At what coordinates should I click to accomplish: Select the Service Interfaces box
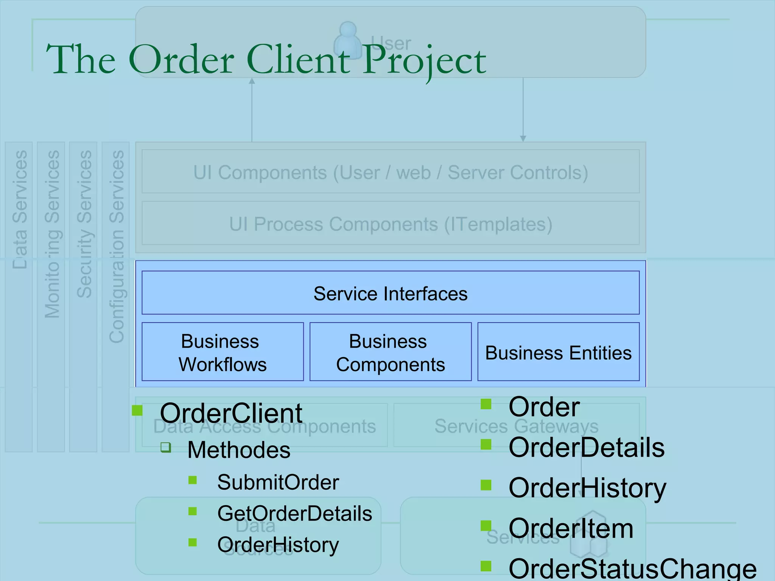click(x=390, y=293)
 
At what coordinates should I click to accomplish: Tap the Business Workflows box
click(x=223, y=352)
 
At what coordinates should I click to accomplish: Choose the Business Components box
click(x=390, y=352)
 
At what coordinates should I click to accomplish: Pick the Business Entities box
click(x=558, y=352)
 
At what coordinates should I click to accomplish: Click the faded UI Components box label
click(x=390, y=172)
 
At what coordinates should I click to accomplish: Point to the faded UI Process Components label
click(x=390, y=224)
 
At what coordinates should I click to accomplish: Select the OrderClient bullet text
click(x=231, y=413)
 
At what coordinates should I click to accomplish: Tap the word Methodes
click(x=239, y=450)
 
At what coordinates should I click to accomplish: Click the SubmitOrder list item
click(x=278, y=482)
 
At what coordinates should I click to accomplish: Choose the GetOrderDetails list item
click(x=294, y=513)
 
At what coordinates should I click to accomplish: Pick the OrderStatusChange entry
click(x=632, y=569)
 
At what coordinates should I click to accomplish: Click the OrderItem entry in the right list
click(x=571, y=528)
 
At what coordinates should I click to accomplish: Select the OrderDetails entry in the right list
click(x=586, y=447)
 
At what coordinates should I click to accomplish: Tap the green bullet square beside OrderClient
click(x=137, y=410)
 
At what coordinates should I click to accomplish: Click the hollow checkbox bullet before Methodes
click(x=166, y=447)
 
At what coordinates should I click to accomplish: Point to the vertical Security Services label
click(x=84, y=224)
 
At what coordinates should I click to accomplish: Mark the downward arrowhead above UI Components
click(x=523, y=138)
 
